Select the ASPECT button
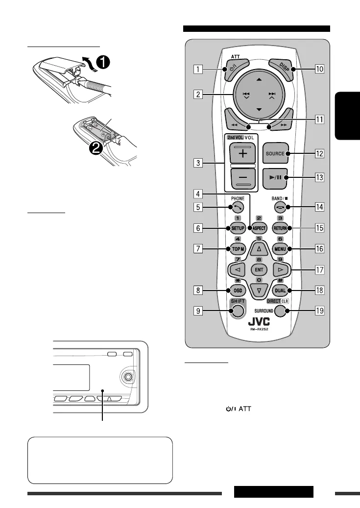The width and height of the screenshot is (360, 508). pos(259,228)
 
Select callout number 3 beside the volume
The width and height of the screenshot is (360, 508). pos(196,163)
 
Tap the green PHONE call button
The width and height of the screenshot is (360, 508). pos(236,208)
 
